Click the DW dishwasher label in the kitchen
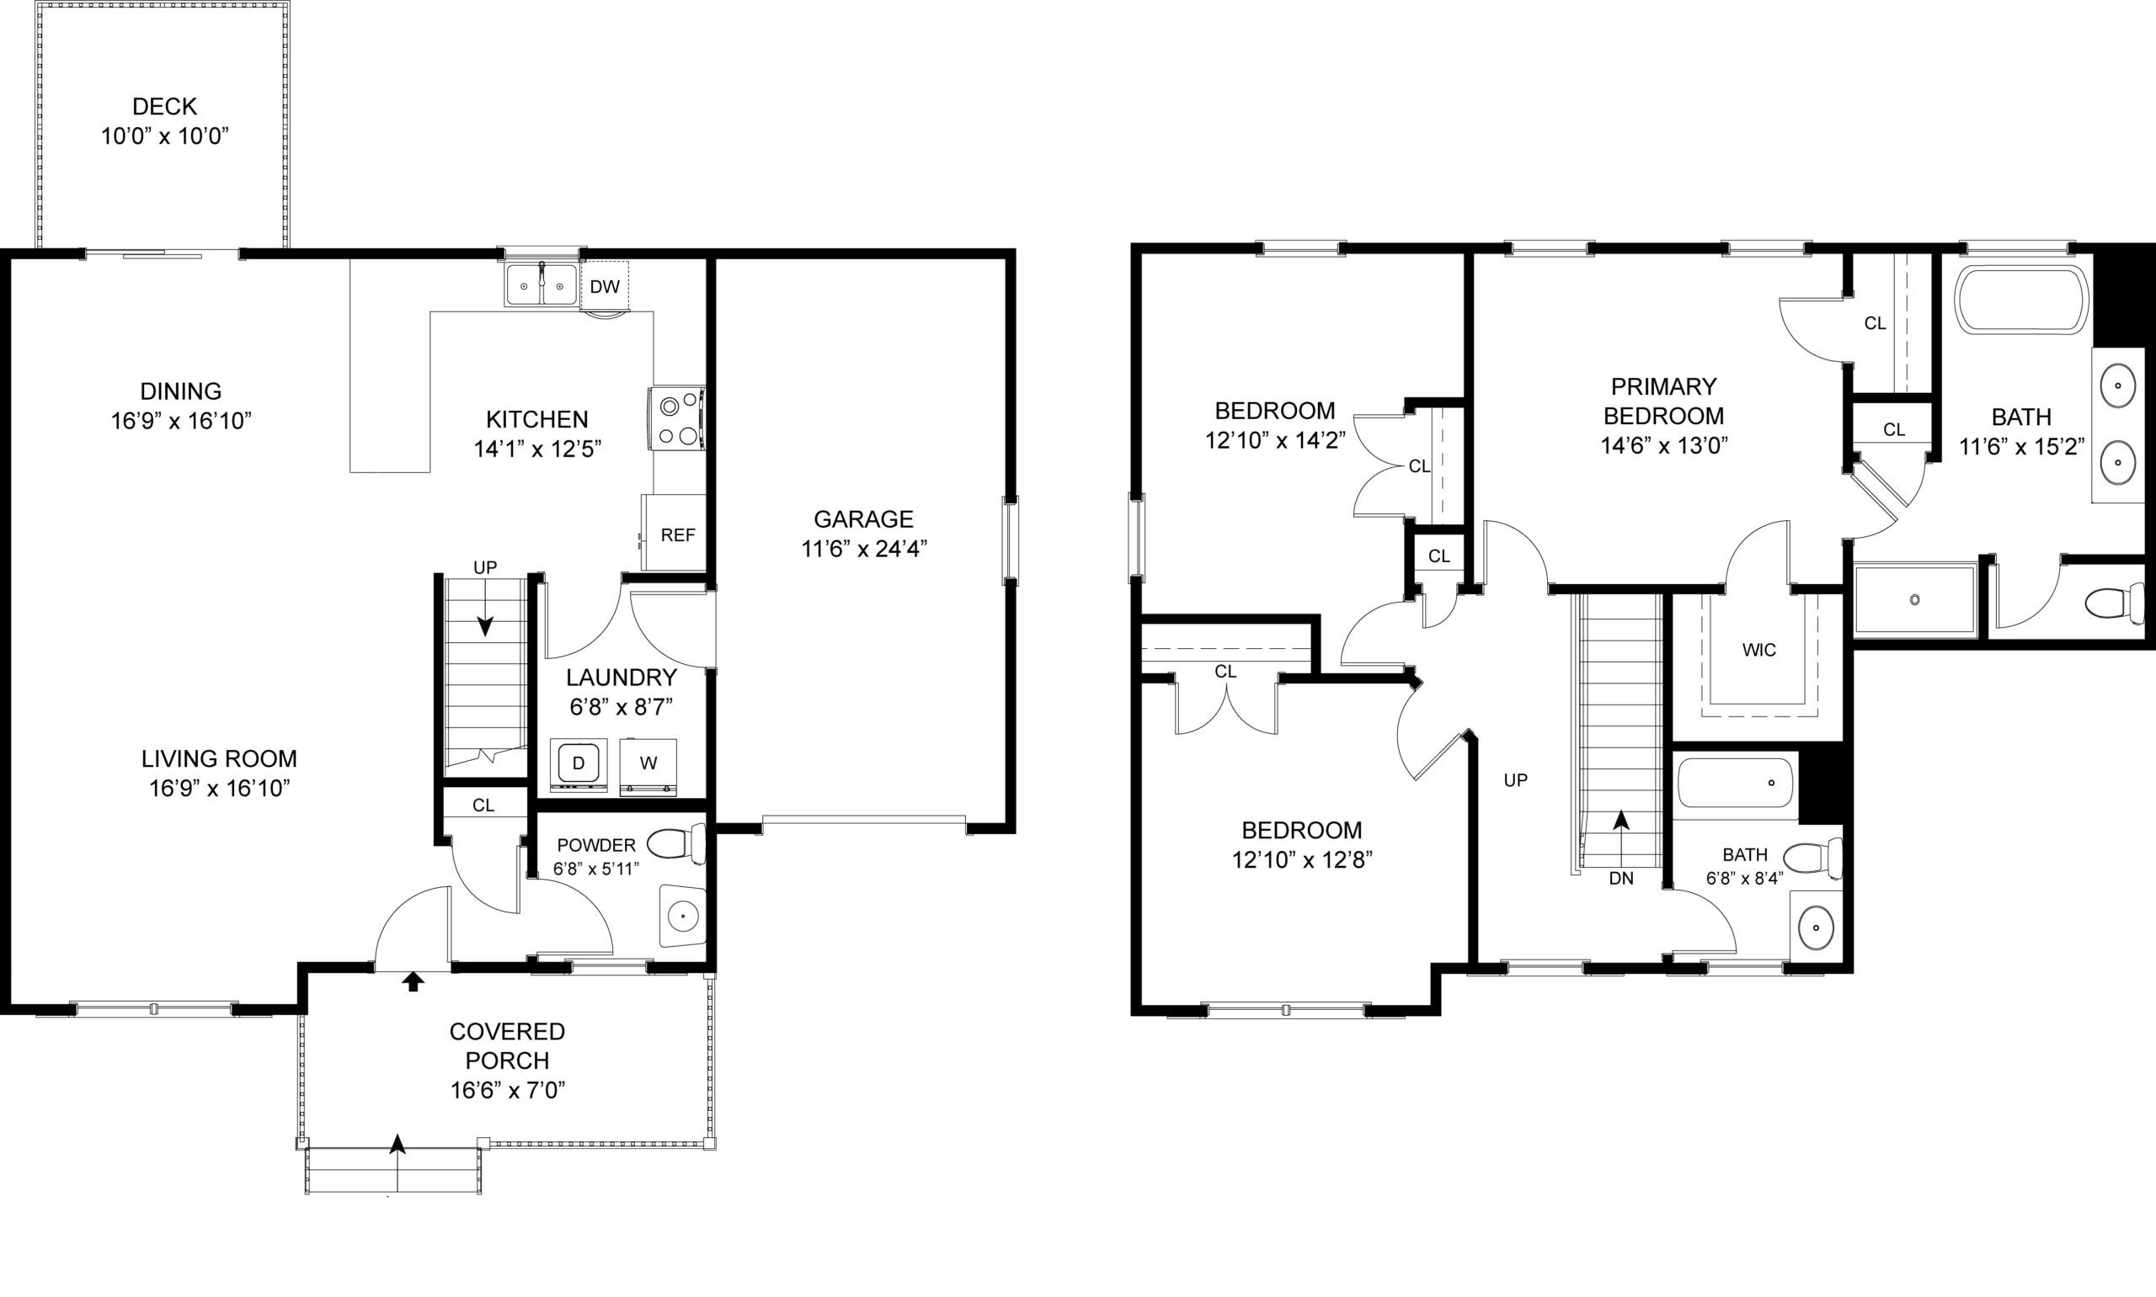click(604, 287)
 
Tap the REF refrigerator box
click(673, 533)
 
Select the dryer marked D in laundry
click(578, 765)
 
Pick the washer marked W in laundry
click(648, 766)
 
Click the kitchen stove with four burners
click(677, 418)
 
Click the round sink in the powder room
click(682, 916)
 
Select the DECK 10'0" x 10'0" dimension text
click(164, 136)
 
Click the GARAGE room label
click(863, 519)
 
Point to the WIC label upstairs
click(1758, 651)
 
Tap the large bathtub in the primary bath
click(2021, 300)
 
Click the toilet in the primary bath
click(2114, 602)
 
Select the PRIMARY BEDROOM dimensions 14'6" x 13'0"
click(1664, 446)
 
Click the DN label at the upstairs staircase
click(1621, 879)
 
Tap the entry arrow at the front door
click(413, 981)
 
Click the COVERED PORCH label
click(507, 1045)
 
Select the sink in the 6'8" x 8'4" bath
click(1816, 928)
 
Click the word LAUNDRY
click(621, 678)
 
